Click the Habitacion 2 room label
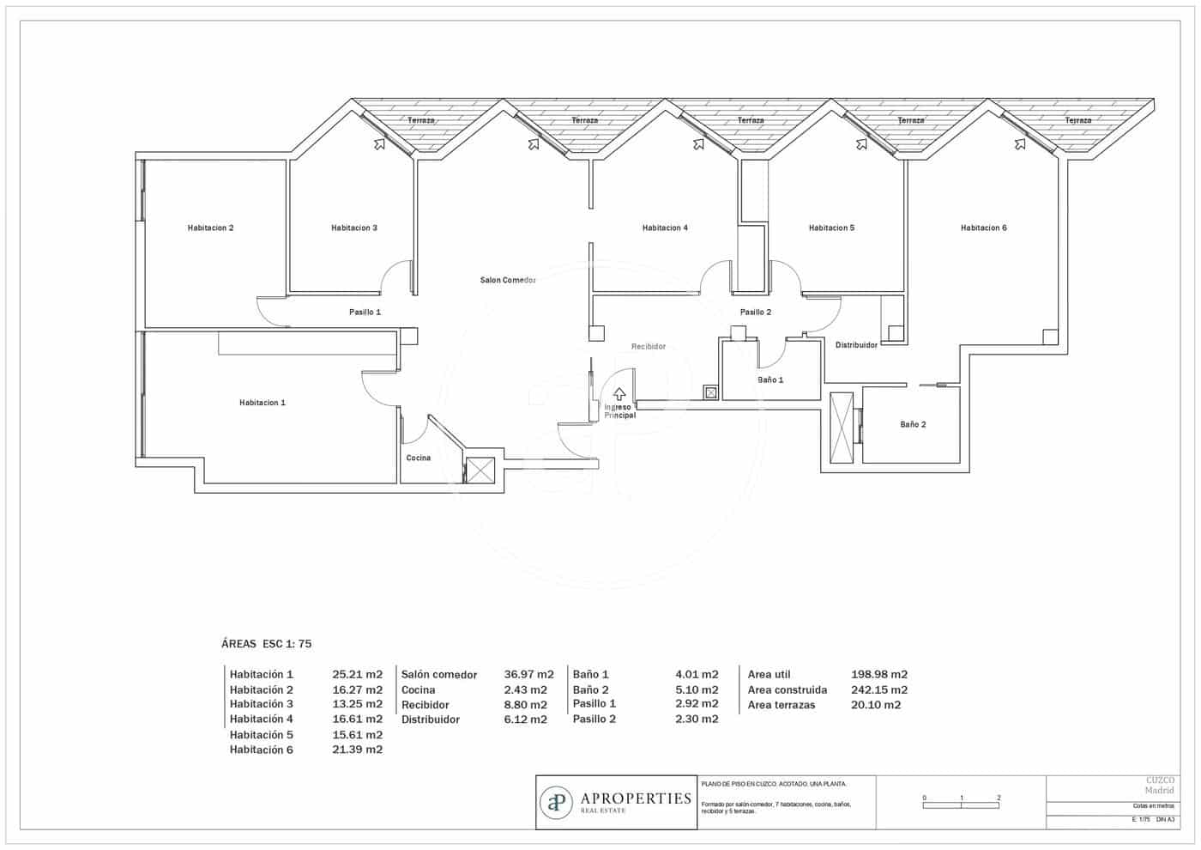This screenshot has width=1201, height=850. click(x=210, y=228)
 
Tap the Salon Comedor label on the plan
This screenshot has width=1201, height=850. click(x=508, y=281)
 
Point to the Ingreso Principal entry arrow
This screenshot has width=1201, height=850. click(x=619, y=395)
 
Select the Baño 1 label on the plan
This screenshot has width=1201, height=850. click(x=769, y=379)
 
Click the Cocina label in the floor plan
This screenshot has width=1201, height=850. click(x=418, y=458)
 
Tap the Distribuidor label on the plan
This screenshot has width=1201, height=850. click(x=856, y=345)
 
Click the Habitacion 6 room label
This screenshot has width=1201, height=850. click(x=983, y=228)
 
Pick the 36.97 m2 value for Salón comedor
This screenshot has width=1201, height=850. click(x=528, y=675)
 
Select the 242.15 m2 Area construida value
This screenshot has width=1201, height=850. click(x=878, y=689)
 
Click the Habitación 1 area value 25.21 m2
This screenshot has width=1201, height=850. click(x=357, y=675)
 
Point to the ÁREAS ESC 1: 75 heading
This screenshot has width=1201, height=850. click(x=266, y=644)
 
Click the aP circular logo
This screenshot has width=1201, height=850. click(x=557, y=803)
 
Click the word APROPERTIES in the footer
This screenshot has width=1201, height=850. click(x=636, y=798)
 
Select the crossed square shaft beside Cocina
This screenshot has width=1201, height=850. click(x=480, y=471)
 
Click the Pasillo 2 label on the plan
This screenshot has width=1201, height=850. click(x=755, y=313)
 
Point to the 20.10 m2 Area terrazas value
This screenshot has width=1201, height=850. click(x=875, y=705)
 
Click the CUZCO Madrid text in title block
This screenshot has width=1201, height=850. click(x=1160, y=785)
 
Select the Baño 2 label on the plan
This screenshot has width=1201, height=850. click(x=913, y=425)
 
